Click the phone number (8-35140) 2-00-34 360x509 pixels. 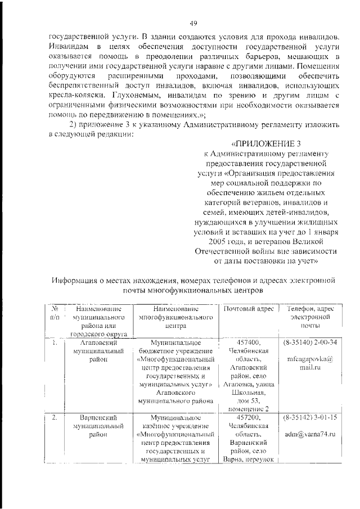click(x=309, y=342)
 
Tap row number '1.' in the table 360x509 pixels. click(x=54, y=342)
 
